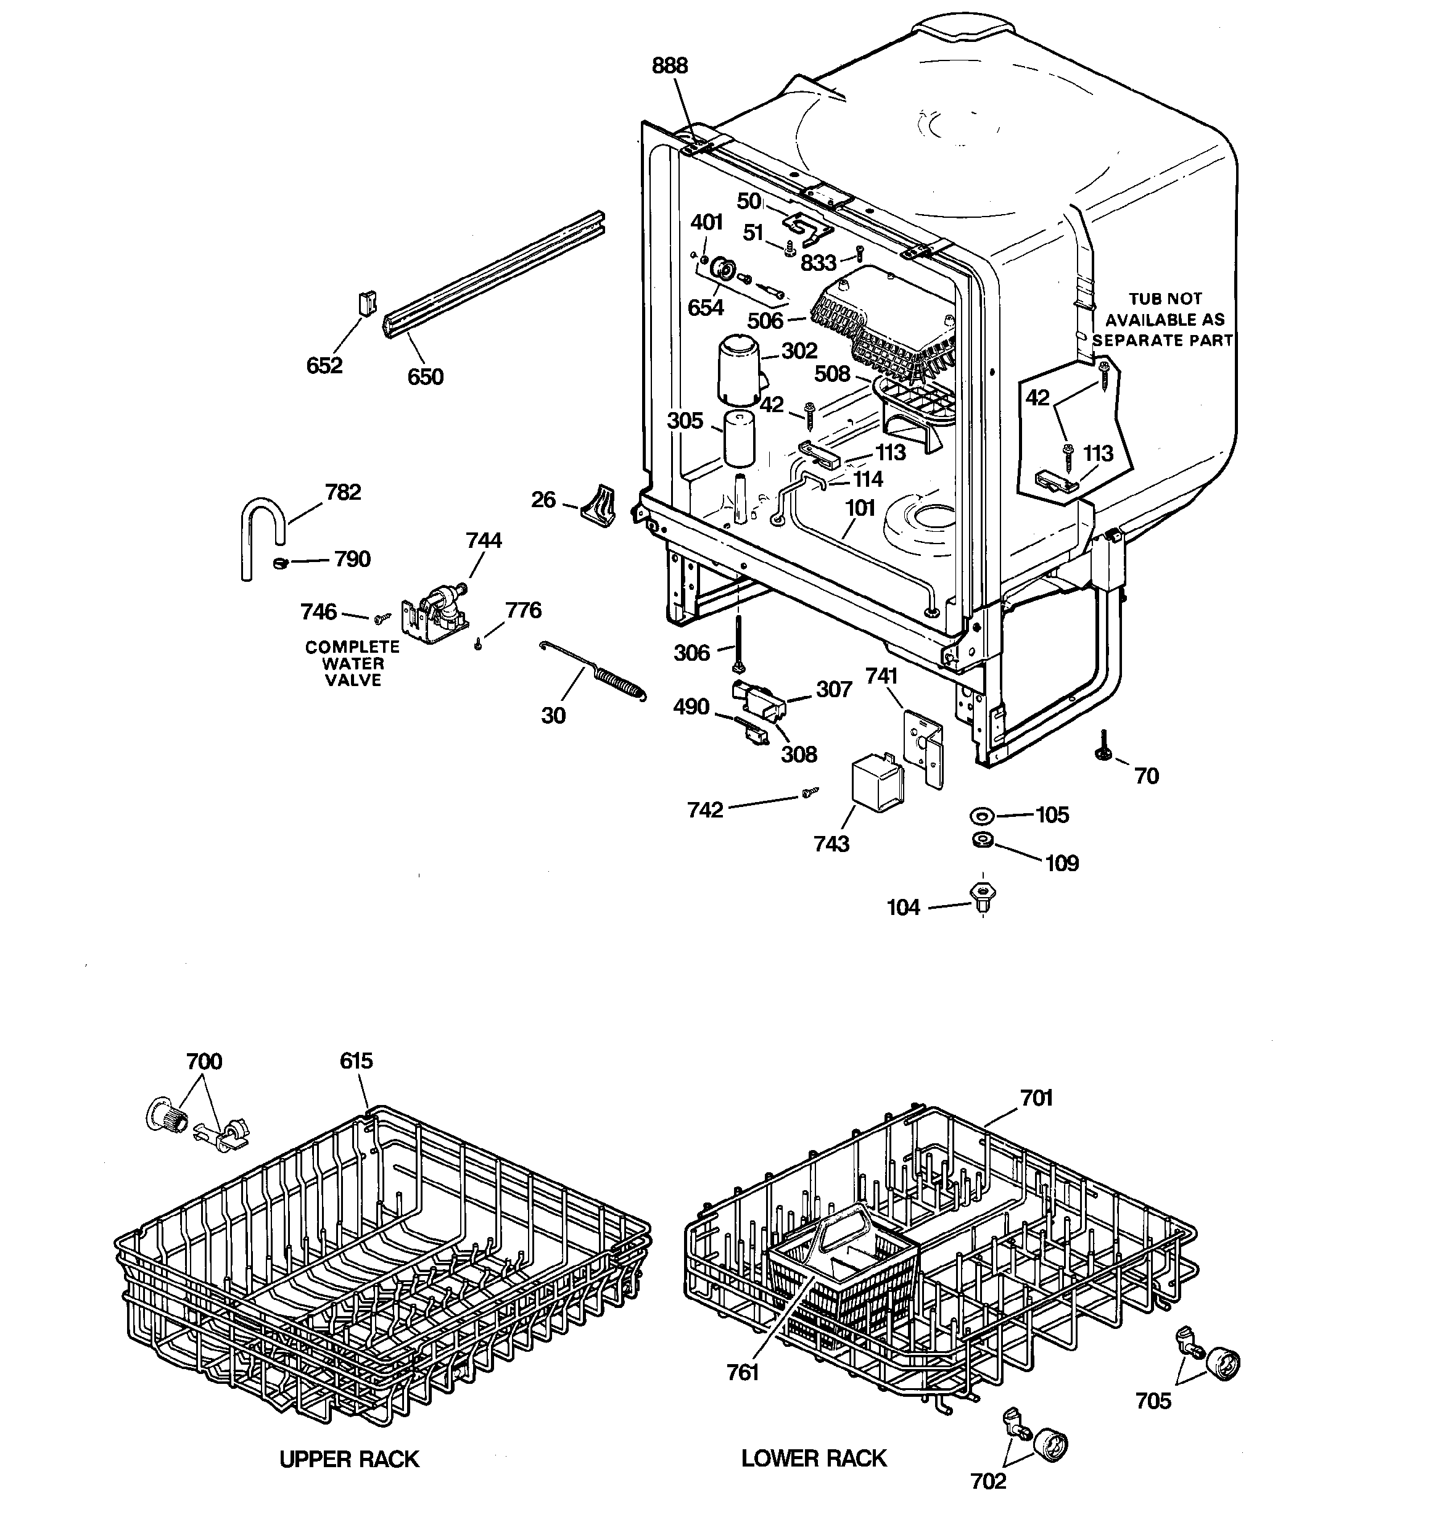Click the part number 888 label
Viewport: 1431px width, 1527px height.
[x=670, y=66]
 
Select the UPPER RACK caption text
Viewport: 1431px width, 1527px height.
[x=350, y=1459]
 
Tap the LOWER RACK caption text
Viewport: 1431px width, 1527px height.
[x=814, y=1458]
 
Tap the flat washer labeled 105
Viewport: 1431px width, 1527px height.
[x=981, y=815]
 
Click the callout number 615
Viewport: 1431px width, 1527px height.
[x=356, y=1061]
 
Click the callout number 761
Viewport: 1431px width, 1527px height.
[x=743, y=1372]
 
